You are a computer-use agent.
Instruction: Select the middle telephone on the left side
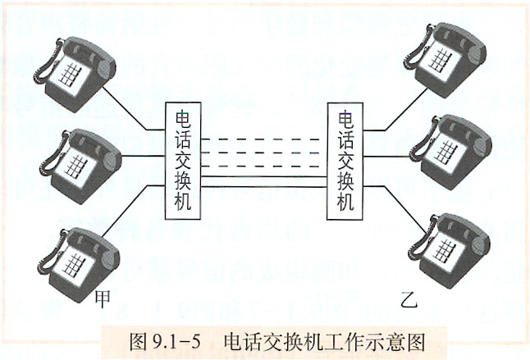(81, 166)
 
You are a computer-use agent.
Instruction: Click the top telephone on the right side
(445, 59)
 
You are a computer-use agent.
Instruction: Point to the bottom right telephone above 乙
(449, 251)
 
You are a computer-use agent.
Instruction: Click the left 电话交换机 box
(183, 161)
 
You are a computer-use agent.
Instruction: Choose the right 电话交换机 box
(345, 162)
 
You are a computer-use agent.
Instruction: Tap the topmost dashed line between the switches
(260, 139)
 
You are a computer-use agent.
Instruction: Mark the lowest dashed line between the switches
(260, 166)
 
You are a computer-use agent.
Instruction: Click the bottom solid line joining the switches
(264, 187)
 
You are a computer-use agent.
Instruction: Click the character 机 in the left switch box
(183, 201)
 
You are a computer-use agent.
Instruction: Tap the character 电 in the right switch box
(345, 120)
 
